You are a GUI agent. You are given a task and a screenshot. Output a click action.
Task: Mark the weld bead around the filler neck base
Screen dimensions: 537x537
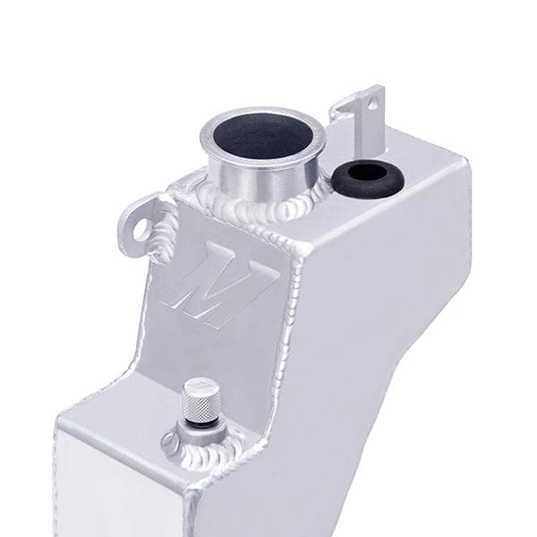260,210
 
